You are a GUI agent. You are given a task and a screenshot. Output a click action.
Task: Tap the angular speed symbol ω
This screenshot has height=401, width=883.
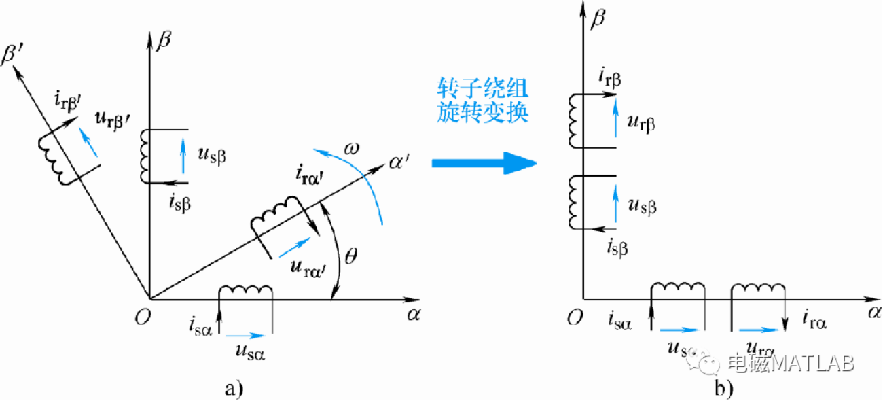coord(350,147)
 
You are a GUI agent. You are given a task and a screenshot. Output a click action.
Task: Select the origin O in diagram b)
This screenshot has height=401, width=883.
coord(575,316)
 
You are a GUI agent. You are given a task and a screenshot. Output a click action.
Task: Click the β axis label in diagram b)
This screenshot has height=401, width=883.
coord(598,16)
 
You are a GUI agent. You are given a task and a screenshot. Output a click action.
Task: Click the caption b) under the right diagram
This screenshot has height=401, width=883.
coord(723,388)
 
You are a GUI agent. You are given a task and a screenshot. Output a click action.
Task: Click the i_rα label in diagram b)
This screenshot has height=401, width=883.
coord(814,316)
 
